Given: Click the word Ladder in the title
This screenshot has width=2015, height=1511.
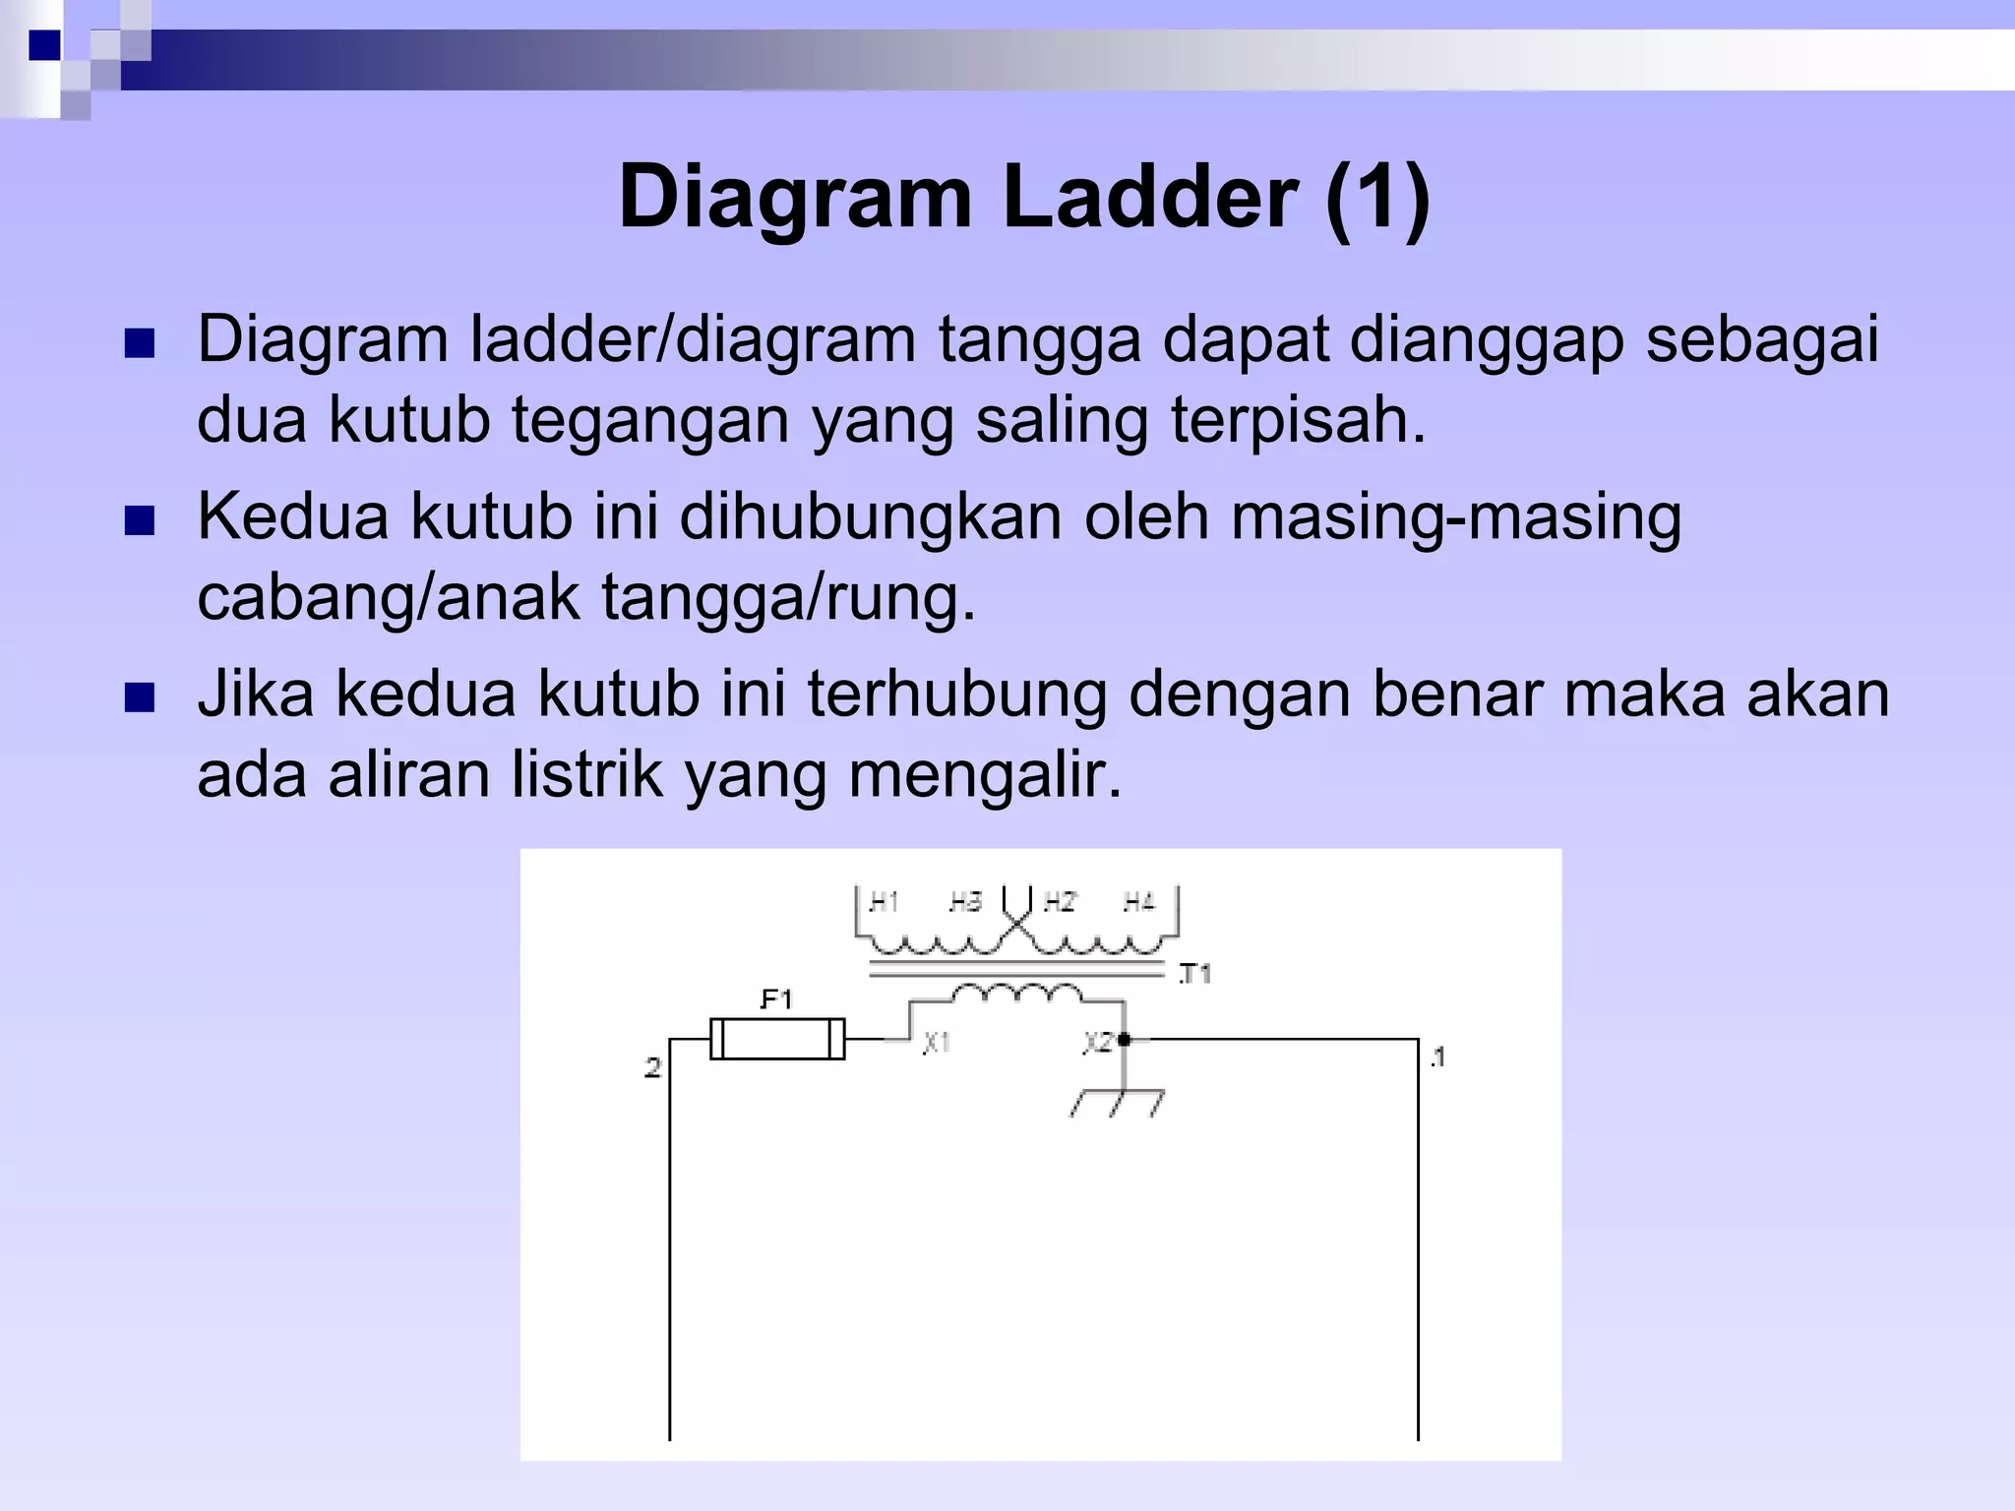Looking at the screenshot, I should (x=1149, y=198).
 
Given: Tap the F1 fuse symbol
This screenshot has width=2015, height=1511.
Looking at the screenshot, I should (x=777, y=1039).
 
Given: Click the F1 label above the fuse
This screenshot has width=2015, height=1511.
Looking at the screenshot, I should (x=776, y=1000).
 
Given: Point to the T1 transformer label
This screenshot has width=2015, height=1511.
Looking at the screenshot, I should (x=1194, y=974).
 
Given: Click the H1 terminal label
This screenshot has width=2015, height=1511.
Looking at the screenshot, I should (x=883, y=902).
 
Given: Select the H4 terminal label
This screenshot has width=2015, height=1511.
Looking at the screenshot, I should (x=1138, y=902).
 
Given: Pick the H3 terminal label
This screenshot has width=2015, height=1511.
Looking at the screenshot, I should (x=965, y=902).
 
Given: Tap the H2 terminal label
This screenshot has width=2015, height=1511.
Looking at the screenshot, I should (x=1060, y=902).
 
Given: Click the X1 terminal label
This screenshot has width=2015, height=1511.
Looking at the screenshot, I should (x=936, y=1042).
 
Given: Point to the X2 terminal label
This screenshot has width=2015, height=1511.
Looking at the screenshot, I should (x=1098, y=1042).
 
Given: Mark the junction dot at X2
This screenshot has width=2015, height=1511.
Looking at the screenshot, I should (x=1124, y=1039).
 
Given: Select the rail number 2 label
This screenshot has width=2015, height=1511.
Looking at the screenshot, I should (x=652, y=1067).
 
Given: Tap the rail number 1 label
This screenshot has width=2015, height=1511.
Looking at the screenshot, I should (x=1437, y=1058).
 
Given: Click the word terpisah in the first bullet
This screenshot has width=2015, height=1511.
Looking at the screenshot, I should (x=1297, y=420).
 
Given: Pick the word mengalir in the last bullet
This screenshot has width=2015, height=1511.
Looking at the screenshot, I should (x=984, y=775).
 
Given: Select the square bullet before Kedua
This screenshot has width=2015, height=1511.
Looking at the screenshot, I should (x=141, y=521).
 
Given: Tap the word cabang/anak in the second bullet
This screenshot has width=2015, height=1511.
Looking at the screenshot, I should (x=389, y=597).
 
